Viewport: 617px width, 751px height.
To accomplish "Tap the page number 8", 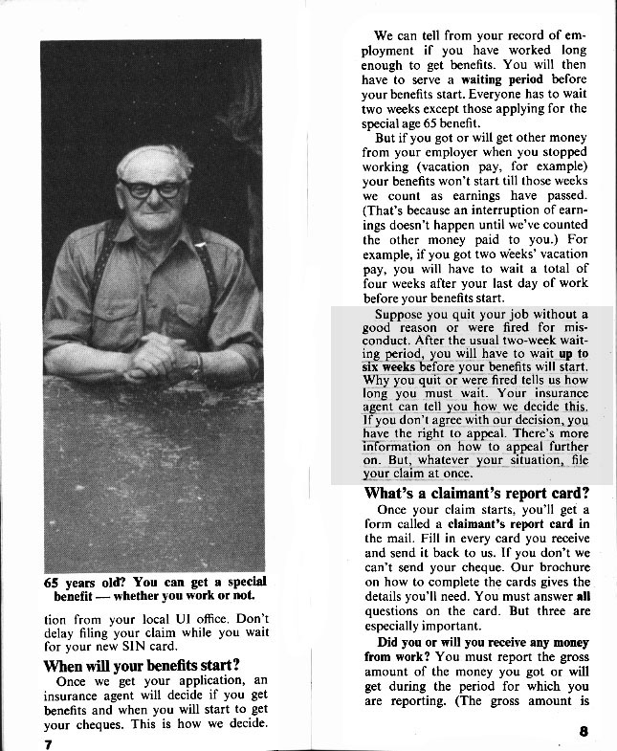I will (x=584, y=732).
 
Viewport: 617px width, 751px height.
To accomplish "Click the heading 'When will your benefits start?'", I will (x=141, y=665).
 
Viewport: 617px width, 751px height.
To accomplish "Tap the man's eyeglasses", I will (x=152, y=188).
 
